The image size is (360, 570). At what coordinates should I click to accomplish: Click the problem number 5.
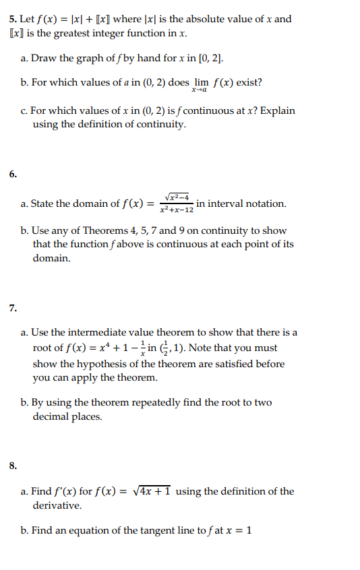tap(12, 19)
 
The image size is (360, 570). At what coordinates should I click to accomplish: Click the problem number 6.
tap(12, 174)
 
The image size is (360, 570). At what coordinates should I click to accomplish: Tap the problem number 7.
tap(12, 309)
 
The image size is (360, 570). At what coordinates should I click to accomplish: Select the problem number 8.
tap(12, 465)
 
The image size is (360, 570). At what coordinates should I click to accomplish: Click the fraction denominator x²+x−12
tap(177, 210)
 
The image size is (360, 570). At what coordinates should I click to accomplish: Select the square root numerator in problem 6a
tap(177, 196)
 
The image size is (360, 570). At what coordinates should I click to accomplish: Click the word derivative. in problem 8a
tap(57, 505)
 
